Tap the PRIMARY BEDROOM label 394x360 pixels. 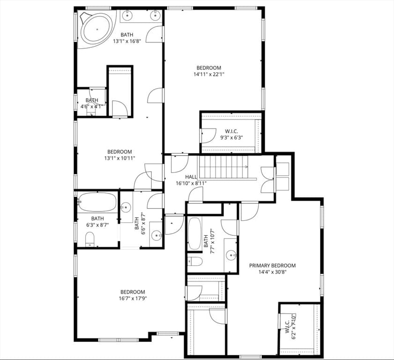coord(272,265)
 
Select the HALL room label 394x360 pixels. coord(191,177)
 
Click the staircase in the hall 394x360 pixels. coord(223,167)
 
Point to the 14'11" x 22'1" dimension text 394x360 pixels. coord(209,74)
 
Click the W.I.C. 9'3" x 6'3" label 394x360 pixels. coord(231,134)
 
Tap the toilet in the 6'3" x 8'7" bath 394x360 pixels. coord(89,239)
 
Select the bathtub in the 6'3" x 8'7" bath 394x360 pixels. coord(97,202)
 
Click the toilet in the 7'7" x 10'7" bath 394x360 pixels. coord(195,262)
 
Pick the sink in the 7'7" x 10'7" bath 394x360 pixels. coord(231,255)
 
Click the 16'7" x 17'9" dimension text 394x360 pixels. coord(133,299)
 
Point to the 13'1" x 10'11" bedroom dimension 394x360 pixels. coord(120,158)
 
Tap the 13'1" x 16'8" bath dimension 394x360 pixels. coord(127,41)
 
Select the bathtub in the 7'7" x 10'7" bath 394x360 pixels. coord(195,233)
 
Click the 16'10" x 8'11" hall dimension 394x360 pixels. coord(191,183)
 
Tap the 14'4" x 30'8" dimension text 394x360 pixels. coord(273,272)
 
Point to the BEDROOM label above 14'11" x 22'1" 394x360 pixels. coord(209,67)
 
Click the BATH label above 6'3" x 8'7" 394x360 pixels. coord(97,218)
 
